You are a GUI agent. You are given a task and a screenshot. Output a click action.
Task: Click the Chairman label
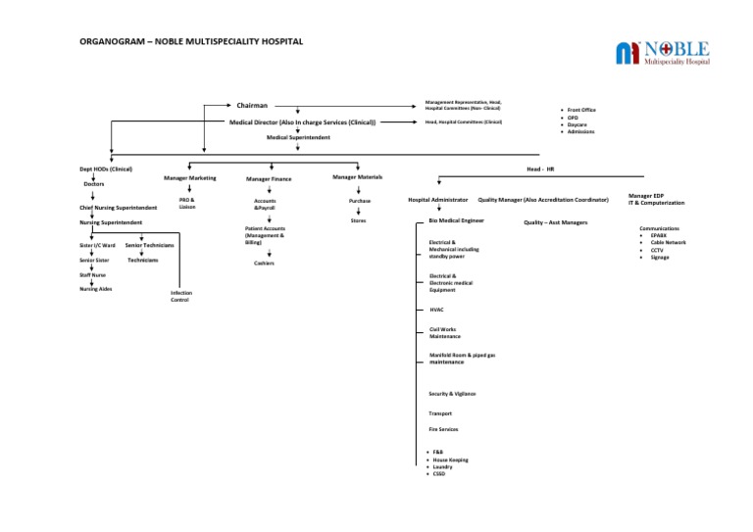(252, 105)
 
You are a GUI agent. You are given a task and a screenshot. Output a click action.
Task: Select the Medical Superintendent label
(298, 138)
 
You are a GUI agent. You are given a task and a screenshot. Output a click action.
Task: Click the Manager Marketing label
(189, 178)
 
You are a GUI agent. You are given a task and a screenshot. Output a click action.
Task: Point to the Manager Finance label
(268, 179)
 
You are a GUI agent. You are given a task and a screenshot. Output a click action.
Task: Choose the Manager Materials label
(357, 176)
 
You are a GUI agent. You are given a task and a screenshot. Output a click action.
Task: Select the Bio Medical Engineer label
(456, 221)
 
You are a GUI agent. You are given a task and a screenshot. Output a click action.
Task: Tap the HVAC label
(436, 309)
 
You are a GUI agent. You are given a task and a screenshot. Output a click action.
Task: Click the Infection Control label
(180, 296)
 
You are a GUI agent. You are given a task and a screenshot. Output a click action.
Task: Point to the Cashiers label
(264, 264)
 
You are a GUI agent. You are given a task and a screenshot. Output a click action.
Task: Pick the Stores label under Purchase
(358, 221)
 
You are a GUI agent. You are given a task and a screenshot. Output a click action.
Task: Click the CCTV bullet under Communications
(657, 250)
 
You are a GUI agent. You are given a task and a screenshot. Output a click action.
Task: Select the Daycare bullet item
(577, 125)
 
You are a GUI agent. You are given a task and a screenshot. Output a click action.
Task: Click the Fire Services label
(443, 429)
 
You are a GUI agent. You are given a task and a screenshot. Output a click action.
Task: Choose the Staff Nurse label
(92, 275)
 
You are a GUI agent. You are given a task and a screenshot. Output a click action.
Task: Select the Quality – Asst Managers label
(556, 222)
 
